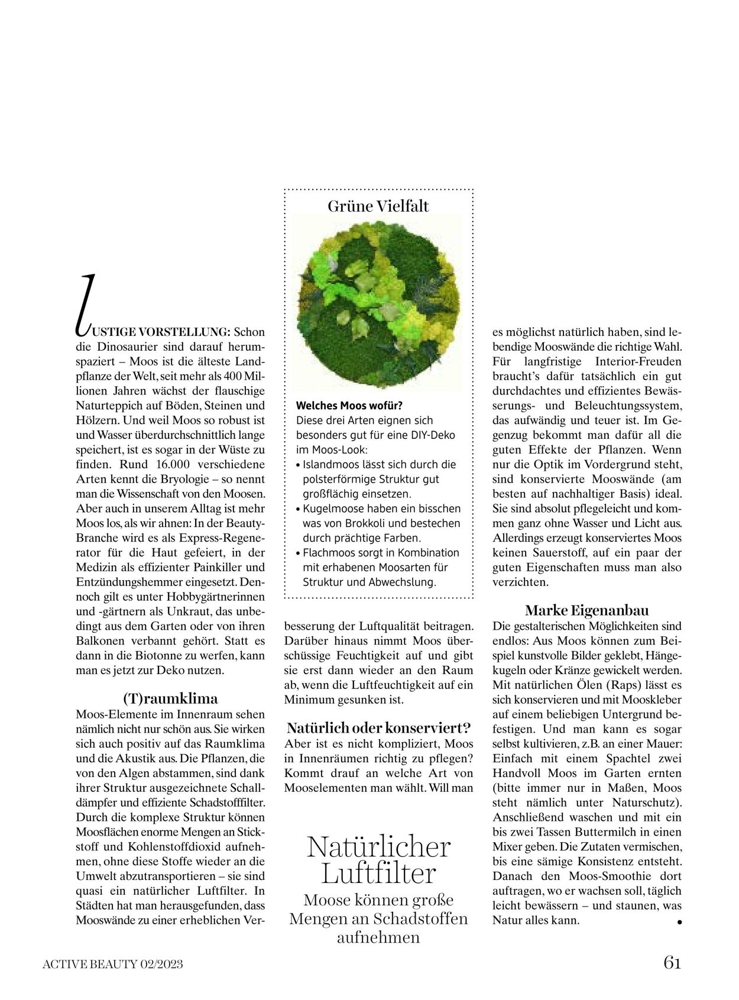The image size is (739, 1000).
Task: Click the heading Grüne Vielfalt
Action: coord(378,206)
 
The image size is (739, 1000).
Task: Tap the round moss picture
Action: coord(379,304)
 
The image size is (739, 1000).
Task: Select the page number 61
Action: coord(672,963)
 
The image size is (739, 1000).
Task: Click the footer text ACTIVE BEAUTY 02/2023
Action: coord(113,964)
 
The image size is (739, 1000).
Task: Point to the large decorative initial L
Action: coord(85,302)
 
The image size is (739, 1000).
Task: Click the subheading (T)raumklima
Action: coord(170,698)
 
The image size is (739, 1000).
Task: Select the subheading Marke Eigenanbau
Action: coord(586,610)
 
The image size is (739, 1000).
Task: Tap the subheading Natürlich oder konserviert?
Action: coord(378,727)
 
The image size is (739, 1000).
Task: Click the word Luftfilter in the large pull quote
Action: coord(378,873)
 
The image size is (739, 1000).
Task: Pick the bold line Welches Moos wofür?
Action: coord(349,406)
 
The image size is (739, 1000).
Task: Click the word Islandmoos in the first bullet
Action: coord(329,464)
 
